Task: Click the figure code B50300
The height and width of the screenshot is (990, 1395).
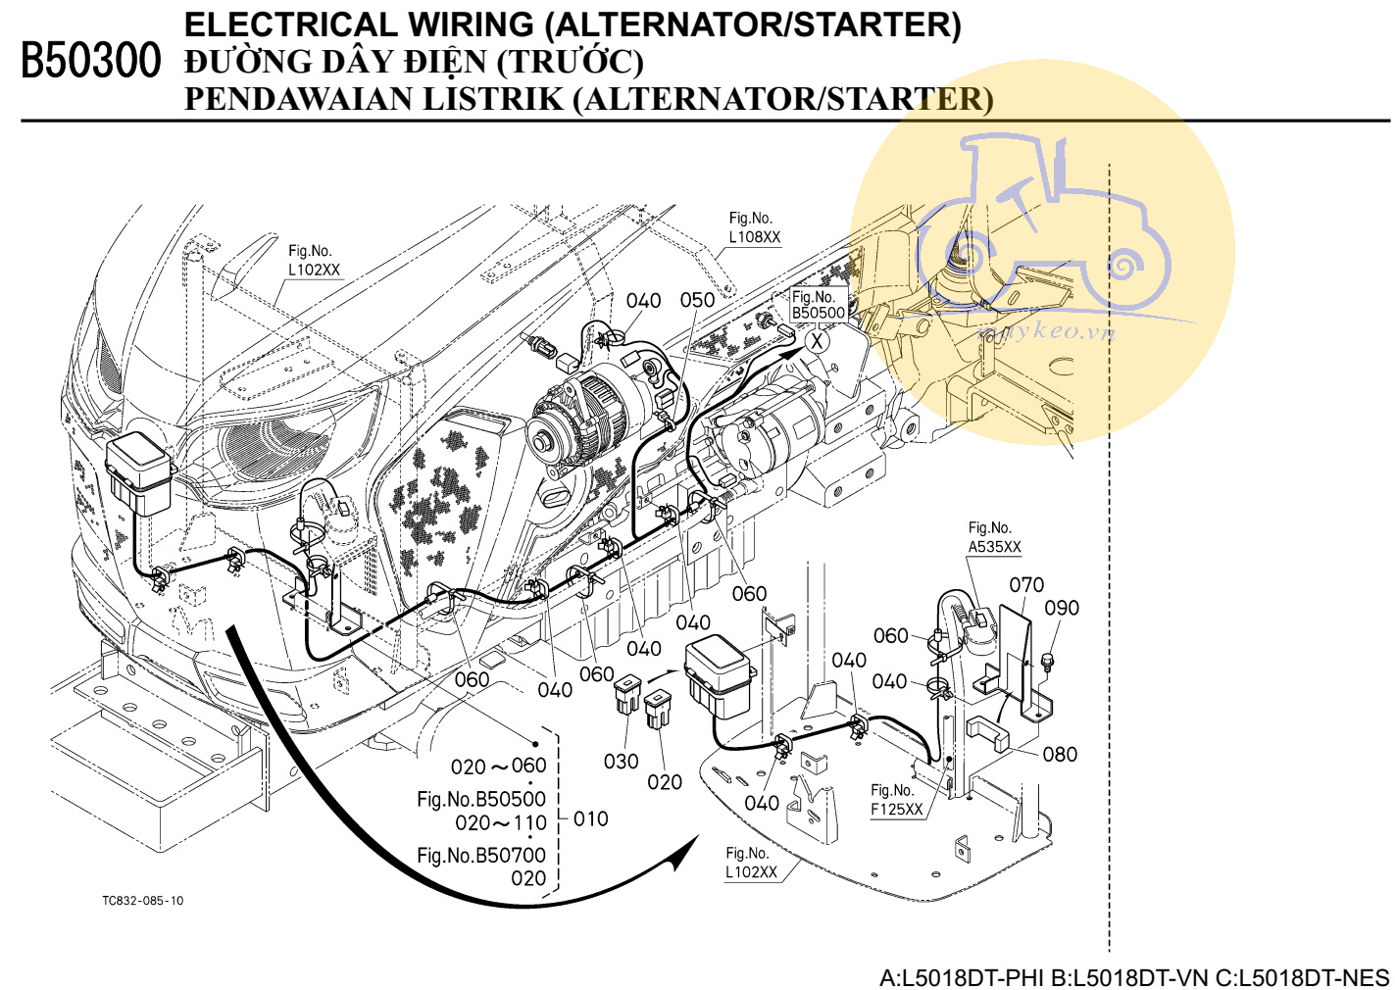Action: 90,61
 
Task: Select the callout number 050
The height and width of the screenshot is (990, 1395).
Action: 697,300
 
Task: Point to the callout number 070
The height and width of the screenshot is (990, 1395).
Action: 1026,585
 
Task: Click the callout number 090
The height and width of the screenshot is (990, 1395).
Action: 1062,608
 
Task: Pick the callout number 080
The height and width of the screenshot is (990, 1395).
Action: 1060,755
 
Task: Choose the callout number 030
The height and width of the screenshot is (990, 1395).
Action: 622,762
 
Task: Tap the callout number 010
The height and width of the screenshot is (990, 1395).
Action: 591,818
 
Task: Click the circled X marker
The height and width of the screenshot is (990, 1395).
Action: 817,341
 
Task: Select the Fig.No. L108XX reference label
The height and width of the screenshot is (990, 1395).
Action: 754,227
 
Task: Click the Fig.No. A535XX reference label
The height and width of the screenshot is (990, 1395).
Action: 994,538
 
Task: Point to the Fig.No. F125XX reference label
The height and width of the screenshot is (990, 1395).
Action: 896,800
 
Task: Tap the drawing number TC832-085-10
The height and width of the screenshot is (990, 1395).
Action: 143,901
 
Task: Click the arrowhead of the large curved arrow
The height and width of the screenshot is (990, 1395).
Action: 686,851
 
